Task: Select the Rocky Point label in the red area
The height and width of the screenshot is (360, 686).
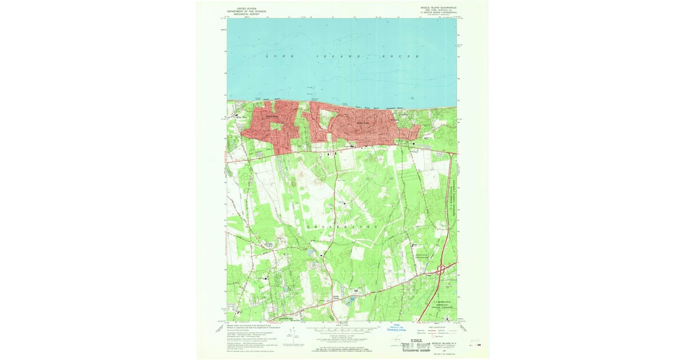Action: click(361, 122)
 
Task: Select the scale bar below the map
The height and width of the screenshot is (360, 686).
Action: click(340, 331)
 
